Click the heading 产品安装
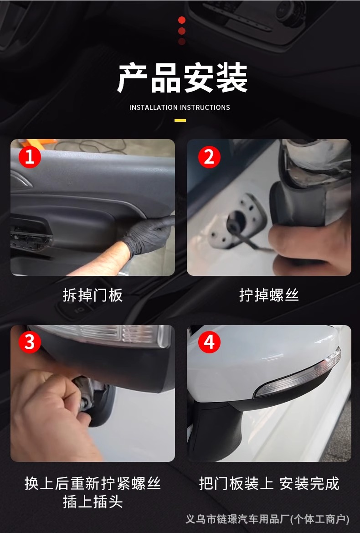(182, 78)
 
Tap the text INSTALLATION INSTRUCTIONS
(180, 108)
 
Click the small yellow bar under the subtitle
(180, 120)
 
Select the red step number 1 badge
(30, 157)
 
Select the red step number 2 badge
(209, 157)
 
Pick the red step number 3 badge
(30, 342)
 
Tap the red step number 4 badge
(209, 342)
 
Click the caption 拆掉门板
(93, 295)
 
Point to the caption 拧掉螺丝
(269, 295)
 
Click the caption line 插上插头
(93, 502)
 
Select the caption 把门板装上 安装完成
(269, 483)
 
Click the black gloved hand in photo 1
(148, 234)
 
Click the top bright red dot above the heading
(182, 20)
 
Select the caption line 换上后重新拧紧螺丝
(93, 483)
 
